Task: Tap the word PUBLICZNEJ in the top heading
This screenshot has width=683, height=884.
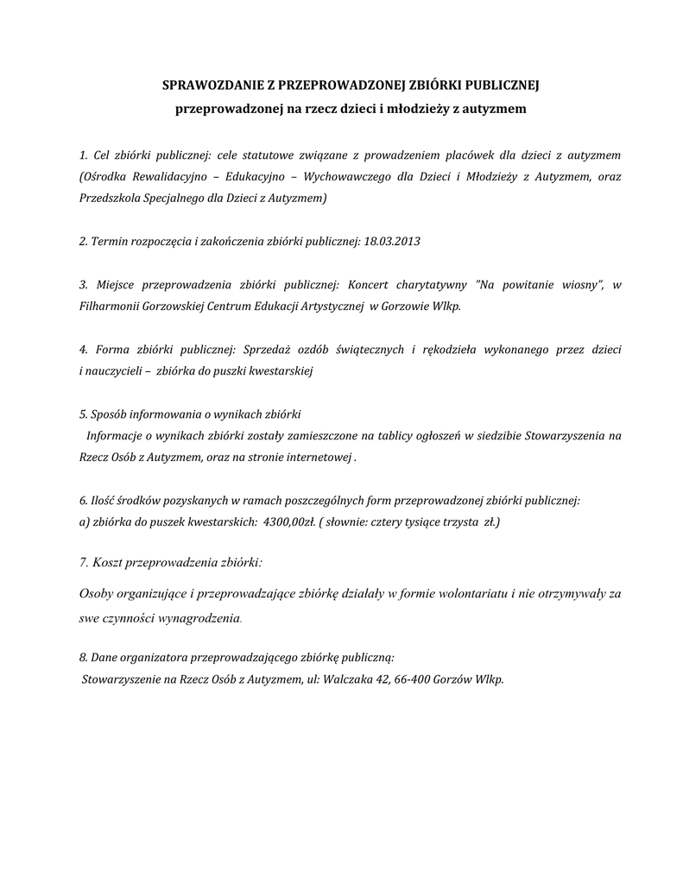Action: pos(502,85)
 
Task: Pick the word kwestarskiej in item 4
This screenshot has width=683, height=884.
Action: pos(279,371)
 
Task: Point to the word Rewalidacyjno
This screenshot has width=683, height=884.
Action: pos(168,176)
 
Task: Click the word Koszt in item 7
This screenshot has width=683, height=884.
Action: pos(109,563)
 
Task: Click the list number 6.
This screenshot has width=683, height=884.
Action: pos(82,501)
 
